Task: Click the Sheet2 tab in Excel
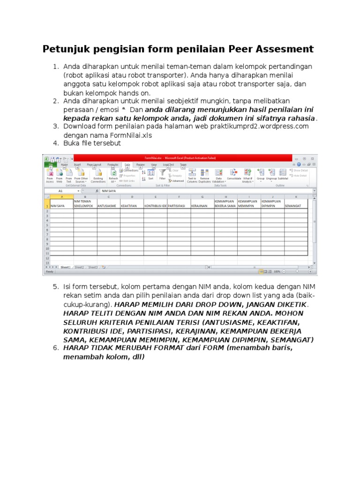pos(79,267)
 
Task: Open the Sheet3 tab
pos(93,267)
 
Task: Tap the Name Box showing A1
pos(61,191)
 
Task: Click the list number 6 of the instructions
pos(55,348)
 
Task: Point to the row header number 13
pos(47,262)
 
